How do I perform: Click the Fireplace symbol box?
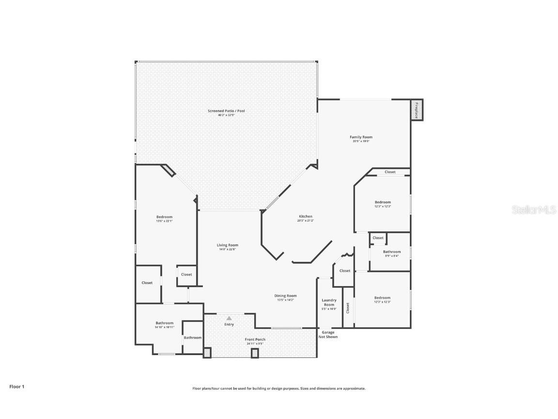tap(416, 110)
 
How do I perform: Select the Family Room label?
tap(361, 137)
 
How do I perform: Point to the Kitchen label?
tap(305, 216)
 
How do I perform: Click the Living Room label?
tap(227, 245)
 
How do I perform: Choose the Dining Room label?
tap(285, 295)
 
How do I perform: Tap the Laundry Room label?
tap(329, 302)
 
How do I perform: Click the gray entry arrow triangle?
tap(229, 318)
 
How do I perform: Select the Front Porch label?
tap(255, 339)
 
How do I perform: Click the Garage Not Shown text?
tap(328, 334)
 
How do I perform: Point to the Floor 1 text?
tap(16, 387)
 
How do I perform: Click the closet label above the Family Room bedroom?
tap(390, 172)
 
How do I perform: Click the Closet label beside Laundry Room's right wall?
tap(348, 307)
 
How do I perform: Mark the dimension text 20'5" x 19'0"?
tap(361, 141)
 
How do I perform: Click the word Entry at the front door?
tap(229, 324)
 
